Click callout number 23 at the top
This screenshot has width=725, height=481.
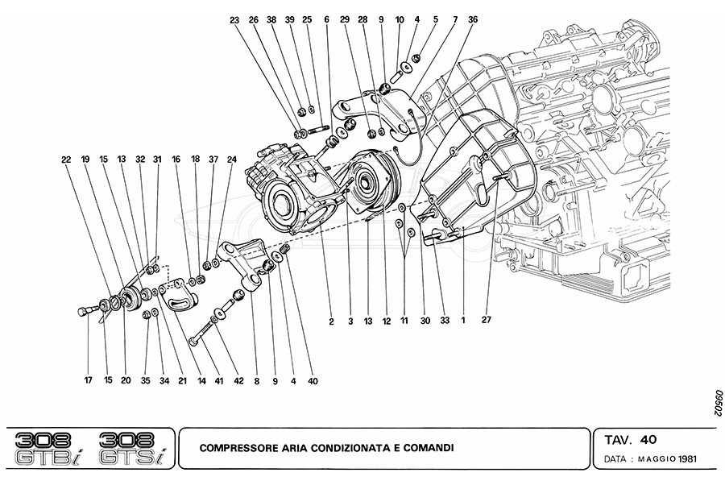click(x=234, y=19)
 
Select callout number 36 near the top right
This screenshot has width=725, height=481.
click(x=472, y=19)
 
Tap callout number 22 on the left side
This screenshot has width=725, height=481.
click(x=65, y=160)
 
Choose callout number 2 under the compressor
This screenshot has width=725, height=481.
click(x=331, y=321)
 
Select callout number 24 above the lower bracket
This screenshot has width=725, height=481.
click(x=232, y=160)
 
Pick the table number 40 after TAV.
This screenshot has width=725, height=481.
click(x=649, y=440)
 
